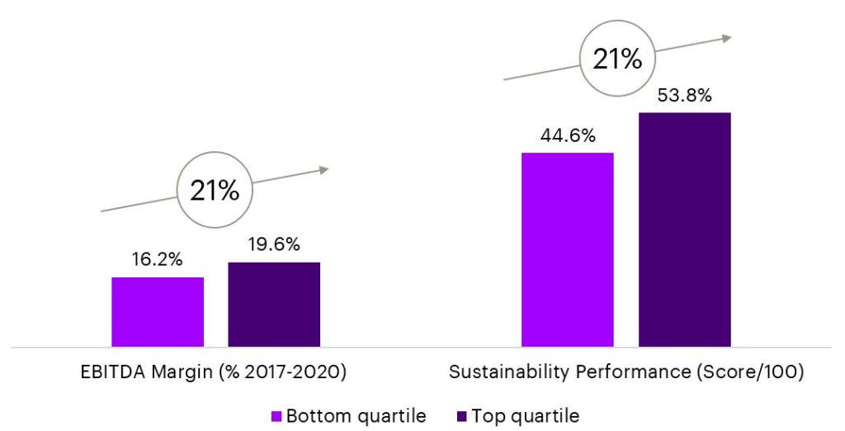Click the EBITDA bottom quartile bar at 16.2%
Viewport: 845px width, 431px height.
(158, 311)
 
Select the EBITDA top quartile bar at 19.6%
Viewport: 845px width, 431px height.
(274, 304)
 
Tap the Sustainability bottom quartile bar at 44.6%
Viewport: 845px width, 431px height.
(567, 249)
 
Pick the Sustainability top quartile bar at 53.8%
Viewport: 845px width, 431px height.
(684, 229)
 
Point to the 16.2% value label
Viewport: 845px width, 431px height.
(158, 259)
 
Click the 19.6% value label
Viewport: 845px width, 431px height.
(274, 244)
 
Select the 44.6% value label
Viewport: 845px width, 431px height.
(567, 135)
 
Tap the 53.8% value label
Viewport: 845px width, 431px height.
(684, 95)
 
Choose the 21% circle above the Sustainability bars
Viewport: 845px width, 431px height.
(616, 59)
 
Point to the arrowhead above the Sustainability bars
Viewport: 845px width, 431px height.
(725, 37)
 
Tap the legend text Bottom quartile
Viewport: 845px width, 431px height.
(357, 415)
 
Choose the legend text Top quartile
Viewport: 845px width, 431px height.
(525, 415)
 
